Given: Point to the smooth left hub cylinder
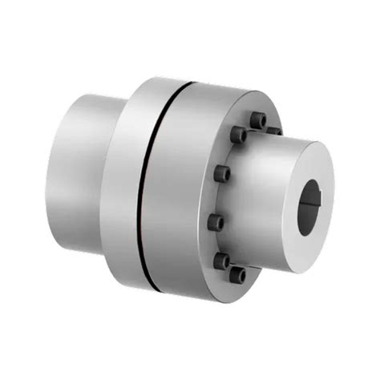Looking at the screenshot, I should (80, 168).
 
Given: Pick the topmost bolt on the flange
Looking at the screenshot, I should (257, 120).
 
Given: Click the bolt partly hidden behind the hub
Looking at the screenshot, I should (273, 129).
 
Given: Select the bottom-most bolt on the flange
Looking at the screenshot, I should (237, 275).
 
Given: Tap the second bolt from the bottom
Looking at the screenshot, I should (222, 259).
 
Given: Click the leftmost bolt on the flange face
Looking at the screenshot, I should (215, 221).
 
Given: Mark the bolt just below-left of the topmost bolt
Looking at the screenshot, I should (238, 135).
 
